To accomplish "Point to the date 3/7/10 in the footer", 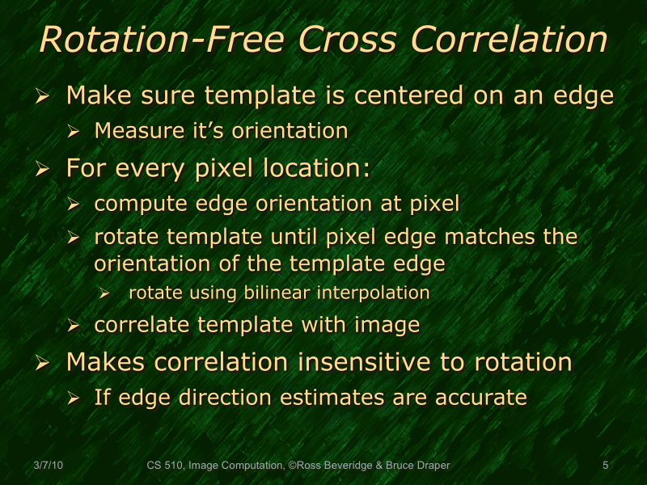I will point(49,466).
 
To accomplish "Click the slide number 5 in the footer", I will point(606,466).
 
